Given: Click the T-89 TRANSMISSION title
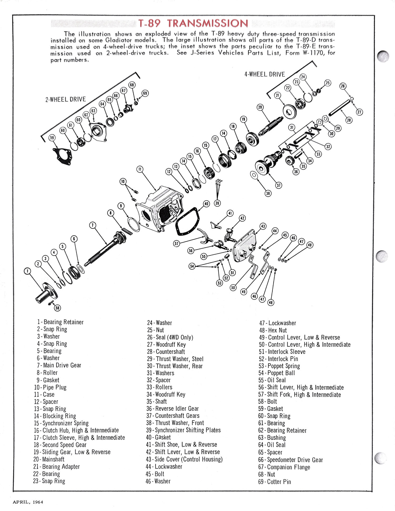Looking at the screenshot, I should point(193,23).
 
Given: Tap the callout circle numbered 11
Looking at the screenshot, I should point(140,169).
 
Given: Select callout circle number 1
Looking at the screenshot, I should point(27,271).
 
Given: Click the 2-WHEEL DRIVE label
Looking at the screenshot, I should point(66,100).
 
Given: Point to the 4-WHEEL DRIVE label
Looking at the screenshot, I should point(264,75).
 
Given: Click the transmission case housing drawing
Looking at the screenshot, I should point(160,209).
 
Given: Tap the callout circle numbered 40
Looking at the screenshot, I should point(206,204).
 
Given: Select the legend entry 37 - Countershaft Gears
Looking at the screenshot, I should point(173,416).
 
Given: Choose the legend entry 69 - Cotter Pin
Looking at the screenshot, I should point(274,482).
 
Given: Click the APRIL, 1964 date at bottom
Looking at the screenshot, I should point(28,502).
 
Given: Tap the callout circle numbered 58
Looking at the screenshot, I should point(57,308).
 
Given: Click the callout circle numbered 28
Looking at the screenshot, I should point(349,120).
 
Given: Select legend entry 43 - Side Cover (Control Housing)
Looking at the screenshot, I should point(184,459).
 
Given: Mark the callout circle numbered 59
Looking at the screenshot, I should point(52,138).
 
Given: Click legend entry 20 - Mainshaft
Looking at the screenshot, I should point(49,459).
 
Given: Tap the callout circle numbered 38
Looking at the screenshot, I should point(268,194).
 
